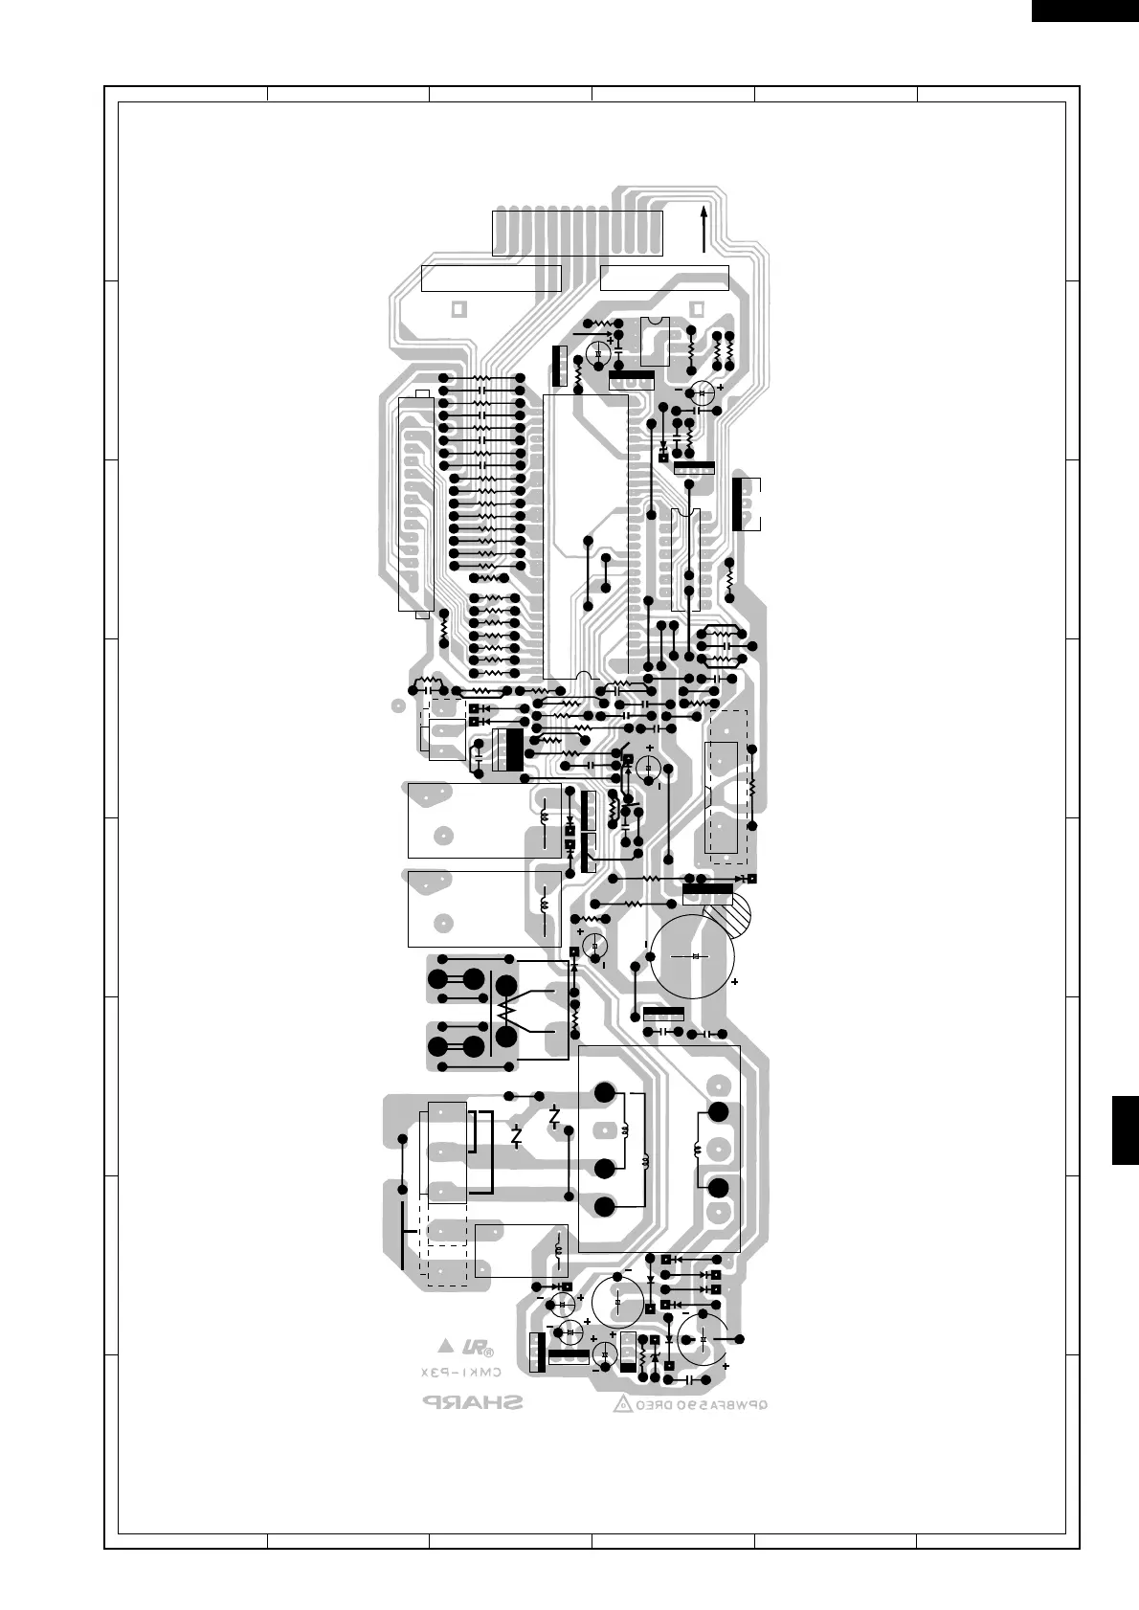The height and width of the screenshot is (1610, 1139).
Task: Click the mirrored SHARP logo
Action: [474, 1403]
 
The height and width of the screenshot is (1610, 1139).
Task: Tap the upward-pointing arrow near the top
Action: [703, 228]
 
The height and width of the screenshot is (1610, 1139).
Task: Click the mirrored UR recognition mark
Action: [476, 1348]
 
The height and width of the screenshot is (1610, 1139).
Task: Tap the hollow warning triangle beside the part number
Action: [622, 1405]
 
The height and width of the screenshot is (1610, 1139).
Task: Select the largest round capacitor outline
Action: [693, 956]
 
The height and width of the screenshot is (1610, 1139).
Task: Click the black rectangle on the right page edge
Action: [1126, 1130]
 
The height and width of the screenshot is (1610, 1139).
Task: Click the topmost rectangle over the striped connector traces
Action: [577, 234]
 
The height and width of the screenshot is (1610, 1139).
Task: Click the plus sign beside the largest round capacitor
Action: [734, 982]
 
